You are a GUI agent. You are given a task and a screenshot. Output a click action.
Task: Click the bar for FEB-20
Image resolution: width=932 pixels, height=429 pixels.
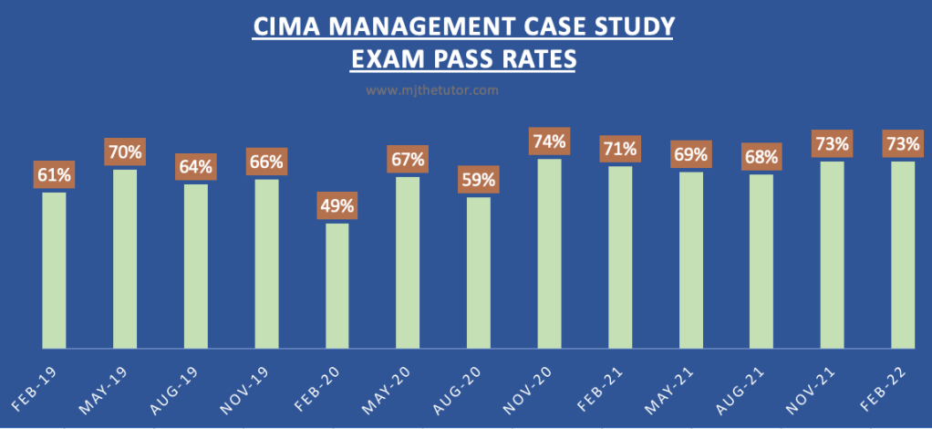tap(337, 285)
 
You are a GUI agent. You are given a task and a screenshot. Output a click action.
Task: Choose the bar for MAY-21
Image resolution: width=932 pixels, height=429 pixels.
tap(691, 259)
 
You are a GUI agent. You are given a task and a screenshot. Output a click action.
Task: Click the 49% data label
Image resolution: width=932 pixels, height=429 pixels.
tap(337, 206)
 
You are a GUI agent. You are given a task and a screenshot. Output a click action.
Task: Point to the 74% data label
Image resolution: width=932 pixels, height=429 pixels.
tap(550, 141)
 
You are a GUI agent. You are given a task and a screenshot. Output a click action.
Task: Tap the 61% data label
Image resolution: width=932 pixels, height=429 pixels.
tap(55, 174)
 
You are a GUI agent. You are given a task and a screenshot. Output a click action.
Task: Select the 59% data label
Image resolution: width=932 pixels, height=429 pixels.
tap(479, 180)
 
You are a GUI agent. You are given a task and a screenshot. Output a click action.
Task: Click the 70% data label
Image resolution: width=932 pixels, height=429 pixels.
tap(126, 152)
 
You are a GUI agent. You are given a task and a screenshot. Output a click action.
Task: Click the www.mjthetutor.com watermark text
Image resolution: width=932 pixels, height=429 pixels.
tap(432, 90)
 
